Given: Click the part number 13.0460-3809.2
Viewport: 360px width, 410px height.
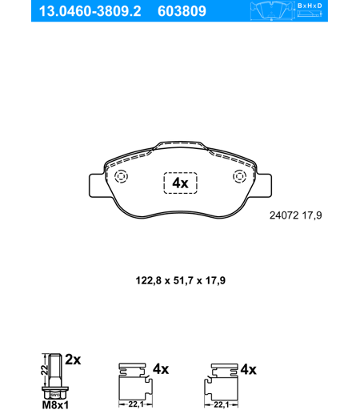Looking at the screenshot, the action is click(x=90, y=11).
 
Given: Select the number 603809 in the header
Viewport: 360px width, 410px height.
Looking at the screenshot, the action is click(x=182, y=11).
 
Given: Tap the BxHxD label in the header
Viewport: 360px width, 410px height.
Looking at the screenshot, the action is click(x=310, y=6).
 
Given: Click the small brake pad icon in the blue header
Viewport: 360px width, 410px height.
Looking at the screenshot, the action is click(x=271, y=10).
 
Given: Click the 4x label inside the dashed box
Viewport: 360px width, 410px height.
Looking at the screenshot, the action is click(x=180, y=183).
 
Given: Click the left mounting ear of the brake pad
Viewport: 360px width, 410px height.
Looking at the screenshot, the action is click(x=97, y=186).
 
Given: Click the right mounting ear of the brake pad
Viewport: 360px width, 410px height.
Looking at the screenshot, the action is click(x=264, y=186).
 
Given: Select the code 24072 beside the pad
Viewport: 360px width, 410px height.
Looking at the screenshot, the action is click(x=284, y=215).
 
